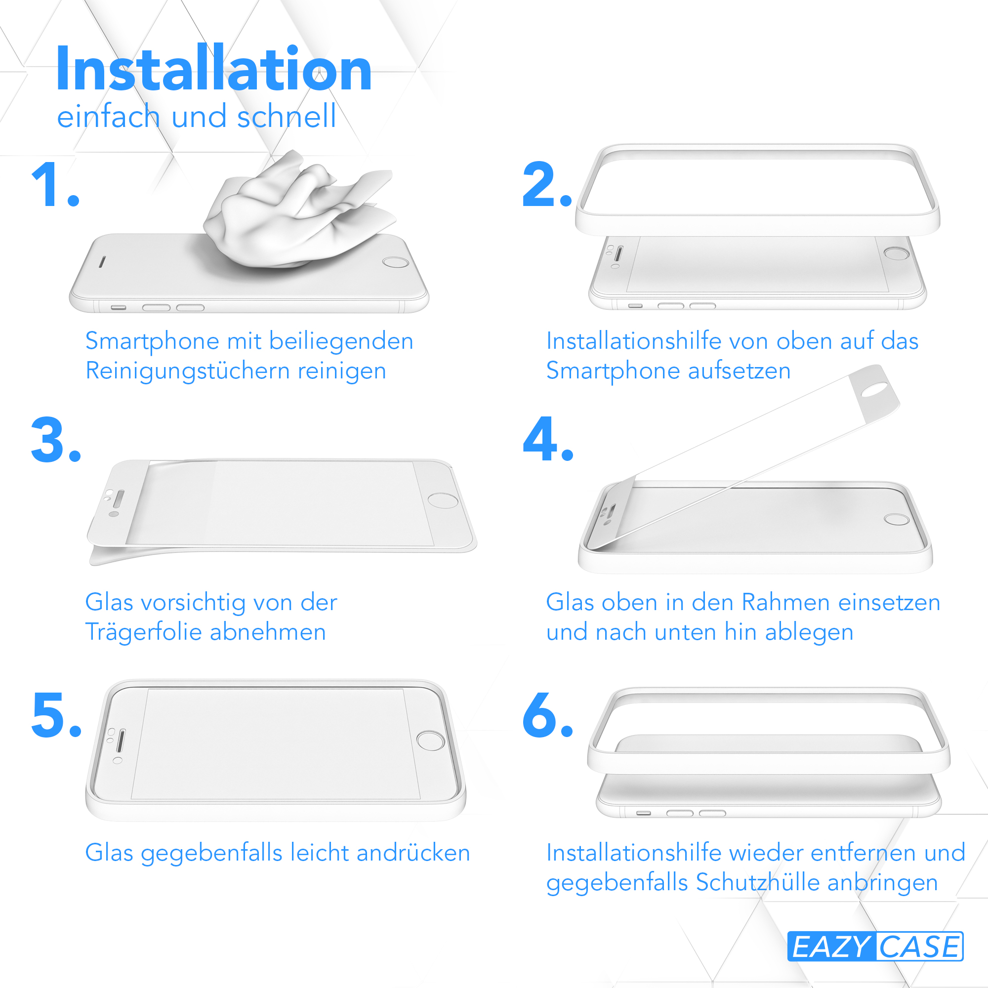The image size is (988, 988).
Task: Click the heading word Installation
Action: [213, 68]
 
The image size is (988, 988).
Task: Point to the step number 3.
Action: [56, 440]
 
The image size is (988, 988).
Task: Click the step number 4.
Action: [548, 439]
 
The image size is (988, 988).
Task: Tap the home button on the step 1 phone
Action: [396, 262]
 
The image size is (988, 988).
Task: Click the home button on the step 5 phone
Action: [431, 741]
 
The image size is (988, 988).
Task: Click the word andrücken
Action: [413, 853]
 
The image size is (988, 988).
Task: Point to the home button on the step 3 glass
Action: [443, 500]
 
